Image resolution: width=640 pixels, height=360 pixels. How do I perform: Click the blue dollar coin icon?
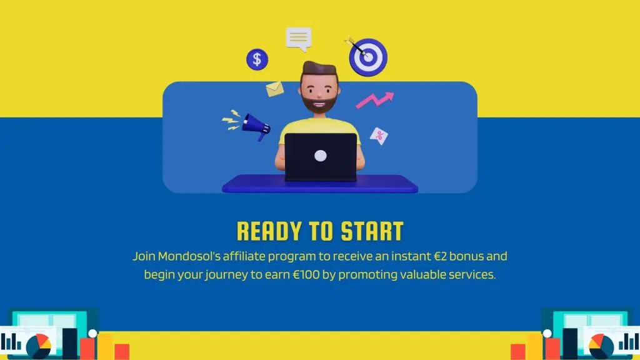(256, 60)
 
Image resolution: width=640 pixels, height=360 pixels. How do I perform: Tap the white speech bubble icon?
(299, 39)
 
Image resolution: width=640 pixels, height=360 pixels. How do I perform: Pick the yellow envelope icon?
(275, 89)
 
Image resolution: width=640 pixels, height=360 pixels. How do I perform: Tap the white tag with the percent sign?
(379, 135)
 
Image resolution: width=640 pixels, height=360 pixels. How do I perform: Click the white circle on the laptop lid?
(321, 156)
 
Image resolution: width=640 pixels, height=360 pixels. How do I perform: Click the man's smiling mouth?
(321, 104)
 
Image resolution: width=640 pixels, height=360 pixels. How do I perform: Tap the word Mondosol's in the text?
(188, 256)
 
